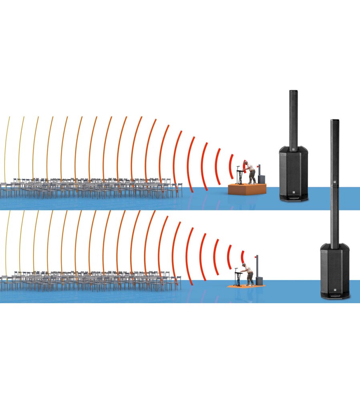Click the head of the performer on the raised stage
click(247, 163)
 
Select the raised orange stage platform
click(247, 188)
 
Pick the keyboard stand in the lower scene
click(238, 278)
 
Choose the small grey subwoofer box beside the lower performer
click(259, 280)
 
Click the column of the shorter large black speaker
click(293, 118)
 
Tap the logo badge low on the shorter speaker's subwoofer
click(294, 192)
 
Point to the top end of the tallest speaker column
click(334, 121)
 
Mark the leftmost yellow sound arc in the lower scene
click(6, 244)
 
